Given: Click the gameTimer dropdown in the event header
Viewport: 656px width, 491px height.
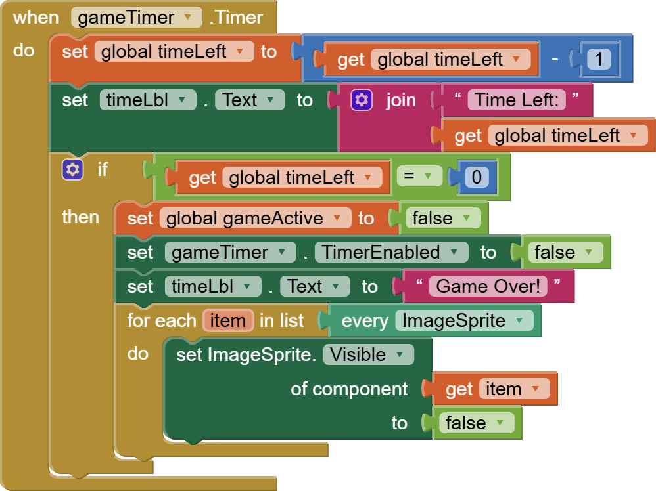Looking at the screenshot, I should pyautogui.click(x=136, y=18).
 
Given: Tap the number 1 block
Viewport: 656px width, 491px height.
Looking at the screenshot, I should pyautogui.click(x=599, y=60).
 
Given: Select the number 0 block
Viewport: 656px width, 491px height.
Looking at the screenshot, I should pyautogui.click(x=477, y=177).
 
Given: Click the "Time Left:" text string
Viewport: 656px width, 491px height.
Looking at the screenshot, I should pyautogui.click(x=517, y=100).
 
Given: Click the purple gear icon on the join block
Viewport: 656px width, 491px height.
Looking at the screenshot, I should pyautogui.click(x=362, y=100).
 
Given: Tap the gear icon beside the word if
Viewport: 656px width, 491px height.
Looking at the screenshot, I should pyautogui.click(x=72, y=170).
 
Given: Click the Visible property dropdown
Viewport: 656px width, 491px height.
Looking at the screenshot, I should pyautogui.click(x=368, y=354).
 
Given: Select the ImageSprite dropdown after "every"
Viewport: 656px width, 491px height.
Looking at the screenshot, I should pyautogui.click(x=463, y=320).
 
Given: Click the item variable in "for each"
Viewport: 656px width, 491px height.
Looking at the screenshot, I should pyautogui.click(x=228, y=320).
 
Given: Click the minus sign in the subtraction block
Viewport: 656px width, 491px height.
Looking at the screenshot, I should pyautogui.click(x=555, y=60).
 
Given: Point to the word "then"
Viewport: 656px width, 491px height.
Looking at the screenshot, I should pyautogui.click(x=80, y=217).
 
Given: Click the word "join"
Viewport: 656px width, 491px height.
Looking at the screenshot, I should pyautogui.click(x=401, y=100).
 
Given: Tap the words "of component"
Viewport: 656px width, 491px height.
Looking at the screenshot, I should pyautogui.click(x=349, y=389).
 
